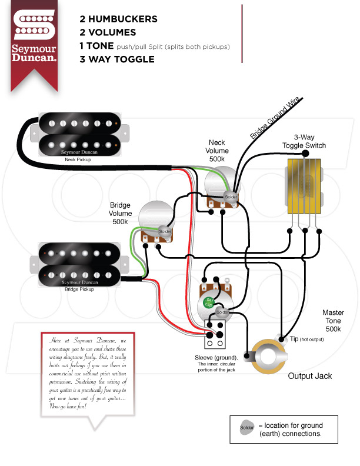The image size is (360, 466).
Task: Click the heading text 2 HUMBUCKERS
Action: [x=118, y=19]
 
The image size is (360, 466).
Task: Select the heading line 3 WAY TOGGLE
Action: [x=117, y=59]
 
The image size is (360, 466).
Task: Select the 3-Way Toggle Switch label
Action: [x=304, y=141]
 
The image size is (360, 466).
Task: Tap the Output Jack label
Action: [x=309, y=376]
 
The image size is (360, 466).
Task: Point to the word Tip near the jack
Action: [x=294, y=339]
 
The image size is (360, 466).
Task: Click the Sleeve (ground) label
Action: [x=216, y=358]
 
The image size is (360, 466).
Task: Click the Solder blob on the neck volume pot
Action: [x=231, y=197]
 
